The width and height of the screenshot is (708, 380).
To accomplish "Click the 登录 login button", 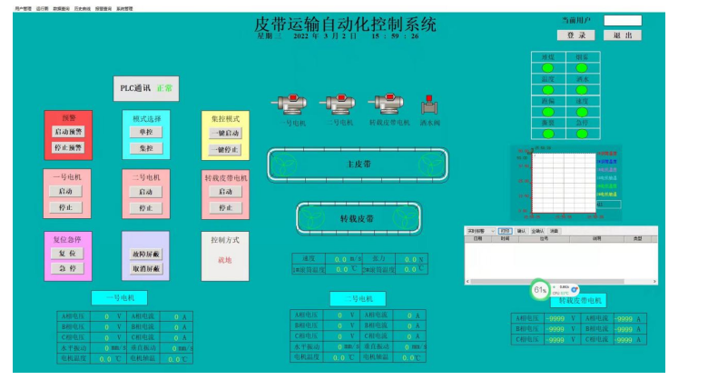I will coord(575,35).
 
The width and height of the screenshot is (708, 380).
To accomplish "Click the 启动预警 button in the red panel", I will coord(67,132).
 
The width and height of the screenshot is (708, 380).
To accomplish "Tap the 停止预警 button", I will coord(67,147).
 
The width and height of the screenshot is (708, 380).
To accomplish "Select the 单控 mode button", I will coord(145,132).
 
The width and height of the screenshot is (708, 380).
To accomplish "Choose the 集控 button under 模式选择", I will coord(145,147).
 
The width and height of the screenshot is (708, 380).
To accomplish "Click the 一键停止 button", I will coord(225,149).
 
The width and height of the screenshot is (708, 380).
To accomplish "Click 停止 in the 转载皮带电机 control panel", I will coord(225,207).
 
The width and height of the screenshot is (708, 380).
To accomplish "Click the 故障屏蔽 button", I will coord(145,254).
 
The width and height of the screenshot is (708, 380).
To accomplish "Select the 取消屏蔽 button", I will coord(145,268).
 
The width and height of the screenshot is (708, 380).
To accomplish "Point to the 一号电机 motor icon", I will coord(292,105).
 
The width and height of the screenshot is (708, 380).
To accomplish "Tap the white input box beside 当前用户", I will coord(622,20).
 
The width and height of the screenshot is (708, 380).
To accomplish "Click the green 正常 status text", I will coord(164,89).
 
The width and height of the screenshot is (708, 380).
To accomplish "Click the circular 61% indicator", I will coord(540,292).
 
